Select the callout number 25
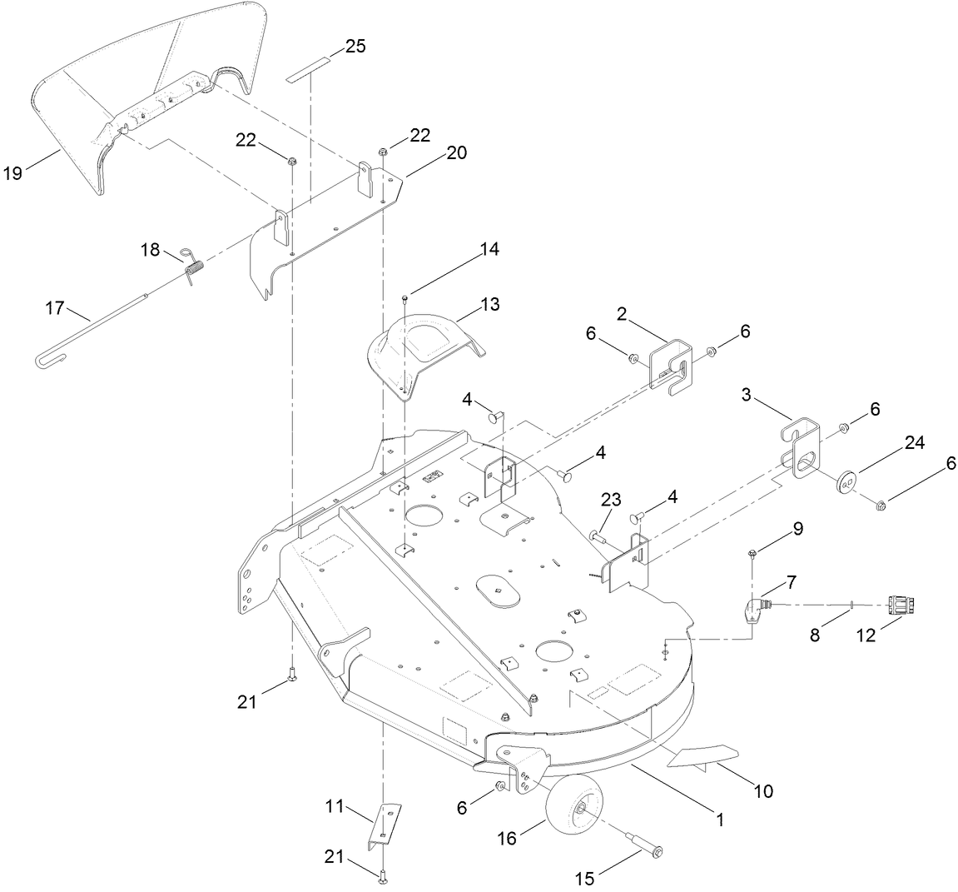[355, 46]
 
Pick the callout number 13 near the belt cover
[490, 305]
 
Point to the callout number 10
[763, 790]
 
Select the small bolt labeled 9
[752, 552]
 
